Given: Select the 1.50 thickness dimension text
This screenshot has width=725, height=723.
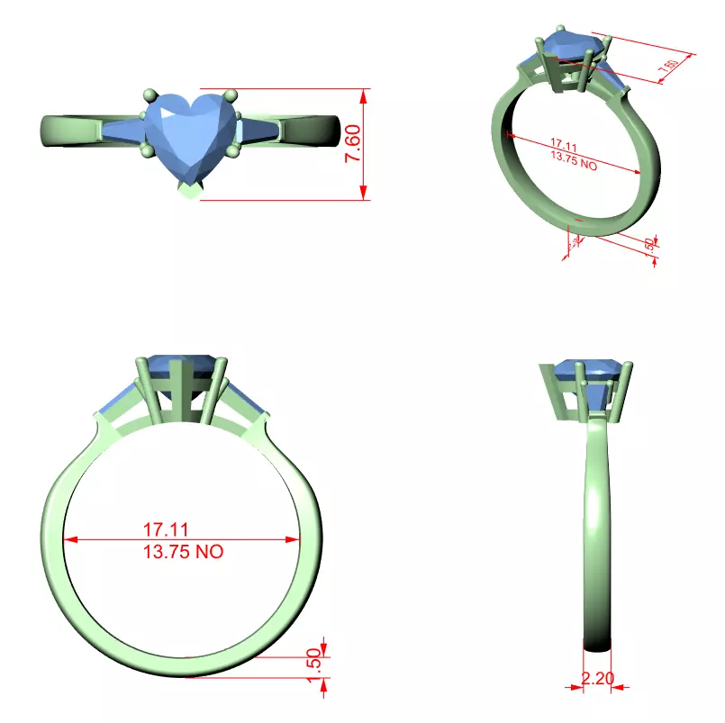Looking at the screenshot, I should point(314,664).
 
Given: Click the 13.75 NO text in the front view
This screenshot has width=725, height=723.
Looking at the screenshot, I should point(183,552).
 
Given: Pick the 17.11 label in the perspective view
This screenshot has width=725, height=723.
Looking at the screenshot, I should point(563,144).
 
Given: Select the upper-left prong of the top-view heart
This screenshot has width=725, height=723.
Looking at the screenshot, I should point(148,94).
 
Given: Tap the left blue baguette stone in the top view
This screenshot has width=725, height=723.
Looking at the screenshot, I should point(123,131).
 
